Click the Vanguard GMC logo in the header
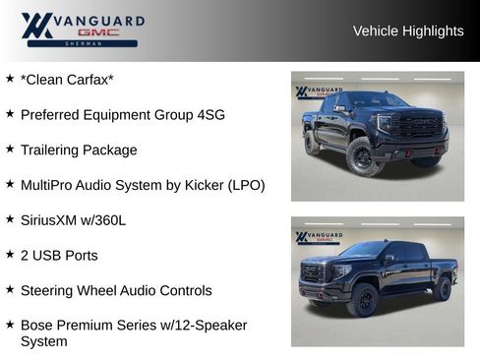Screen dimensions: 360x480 (83, 30)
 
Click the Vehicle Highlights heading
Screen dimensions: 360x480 (407, 30)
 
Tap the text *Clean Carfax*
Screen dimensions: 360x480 (67, 80)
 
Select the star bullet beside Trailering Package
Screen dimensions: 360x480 (10, 149)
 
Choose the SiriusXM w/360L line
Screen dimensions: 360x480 (73, 220)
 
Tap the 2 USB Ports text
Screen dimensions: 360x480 (59, 256)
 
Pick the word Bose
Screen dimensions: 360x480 (37, 325)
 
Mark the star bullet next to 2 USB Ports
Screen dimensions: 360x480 (10, 254)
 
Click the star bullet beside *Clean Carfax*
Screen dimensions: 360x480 (10, 78)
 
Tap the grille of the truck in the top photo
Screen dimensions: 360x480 (416, 126)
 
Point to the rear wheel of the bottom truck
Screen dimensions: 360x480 (442, 288)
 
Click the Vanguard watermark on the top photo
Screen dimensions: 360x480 (319, 92)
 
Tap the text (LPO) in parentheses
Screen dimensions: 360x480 (246, 185)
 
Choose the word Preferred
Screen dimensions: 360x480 (50, 115)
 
